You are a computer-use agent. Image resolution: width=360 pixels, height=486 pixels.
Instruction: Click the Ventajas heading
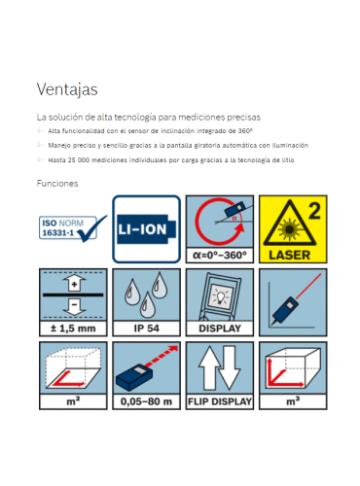coord(67,89)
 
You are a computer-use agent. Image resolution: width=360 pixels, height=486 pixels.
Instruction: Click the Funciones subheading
coord(57,184)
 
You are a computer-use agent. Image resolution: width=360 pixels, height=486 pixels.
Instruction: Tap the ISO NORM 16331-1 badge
coord(68,227)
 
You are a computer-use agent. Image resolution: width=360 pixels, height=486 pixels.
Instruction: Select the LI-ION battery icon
coord(146,229)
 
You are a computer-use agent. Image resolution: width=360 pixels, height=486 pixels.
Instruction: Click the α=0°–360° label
coord(220,256)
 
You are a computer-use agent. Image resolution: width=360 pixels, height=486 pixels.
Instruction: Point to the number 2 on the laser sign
coord(314,211)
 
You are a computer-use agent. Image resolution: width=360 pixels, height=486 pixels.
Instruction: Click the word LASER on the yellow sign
coord(290,255)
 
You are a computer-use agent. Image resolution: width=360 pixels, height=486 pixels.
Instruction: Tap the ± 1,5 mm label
coord(73,329)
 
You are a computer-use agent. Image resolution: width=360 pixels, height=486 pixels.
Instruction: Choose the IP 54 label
coord(147,329)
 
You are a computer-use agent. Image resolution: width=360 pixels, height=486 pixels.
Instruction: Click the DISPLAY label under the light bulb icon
coord(220,329)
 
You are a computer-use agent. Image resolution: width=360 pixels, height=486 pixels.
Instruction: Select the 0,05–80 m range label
coord(146,401)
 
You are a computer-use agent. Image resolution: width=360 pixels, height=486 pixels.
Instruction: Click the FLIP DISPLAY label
coord(220,401)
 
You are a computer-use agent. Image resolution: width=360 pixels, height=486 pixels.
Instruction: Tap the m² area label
coord(73,401)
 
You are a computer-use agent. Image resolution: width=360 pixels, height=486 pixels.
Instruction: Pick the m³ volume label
coord(293,401)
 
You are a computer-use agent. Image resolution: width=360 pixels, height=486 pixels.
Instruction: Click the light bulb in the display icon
coord(221,296)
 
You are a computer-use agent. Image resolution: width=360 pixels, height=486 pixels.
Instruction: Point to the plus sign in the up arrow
coord(74,285)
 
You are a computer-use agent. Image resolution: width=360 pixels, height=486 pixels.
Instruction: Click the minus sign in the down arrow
coord(74,304)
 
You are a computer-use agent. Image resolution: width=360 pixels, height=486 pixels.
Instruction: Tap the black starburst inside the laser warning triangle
coord(289,229)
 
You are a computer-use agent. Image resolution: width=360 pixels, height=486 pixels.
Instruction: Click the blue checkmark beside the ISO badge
coord(92,229)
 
